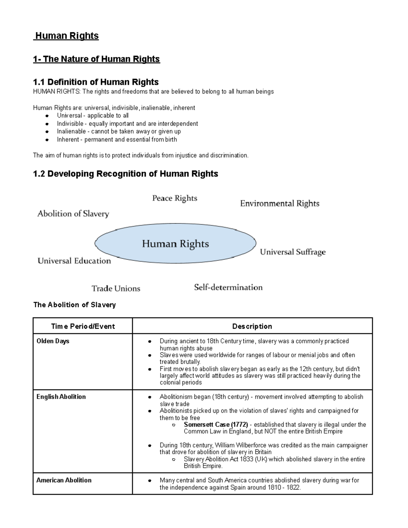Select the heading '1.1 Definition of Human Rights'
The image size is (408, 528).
[x=96, y=82]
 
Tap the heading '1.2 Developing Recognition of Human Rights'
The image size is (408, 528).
[x=125, y=174]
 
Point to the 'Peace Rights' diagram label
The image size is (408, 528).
[x=174, y=198]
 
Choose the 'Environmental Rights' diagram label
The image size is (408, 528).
[x=279, y=204]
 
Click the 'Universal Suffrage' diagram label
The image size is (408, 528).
[x=292, y=252]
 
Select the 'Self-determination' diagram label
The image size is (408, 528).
[x=228, y=287]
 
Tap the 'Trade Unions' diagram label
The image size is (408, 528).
[x=116, y=289]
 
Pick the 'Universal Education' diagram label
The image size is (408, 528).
[x=74, y=261]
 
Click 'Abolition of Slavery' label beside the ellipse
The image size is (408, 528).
[x=73, y=214]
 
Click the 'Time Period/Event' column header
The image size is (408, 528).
[x=83, y=326]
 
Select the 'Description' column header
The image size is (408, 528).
[x=252, y=326]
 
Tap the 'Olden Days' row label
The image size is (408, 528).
[x=53, y=341]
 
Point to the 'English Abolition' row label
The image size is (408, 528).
[x=61, y=397]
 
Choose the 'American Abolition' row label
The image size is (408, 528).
[x=64, y=480]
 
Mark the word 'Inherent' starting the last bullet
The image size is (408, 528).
[x=68, y=139]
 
